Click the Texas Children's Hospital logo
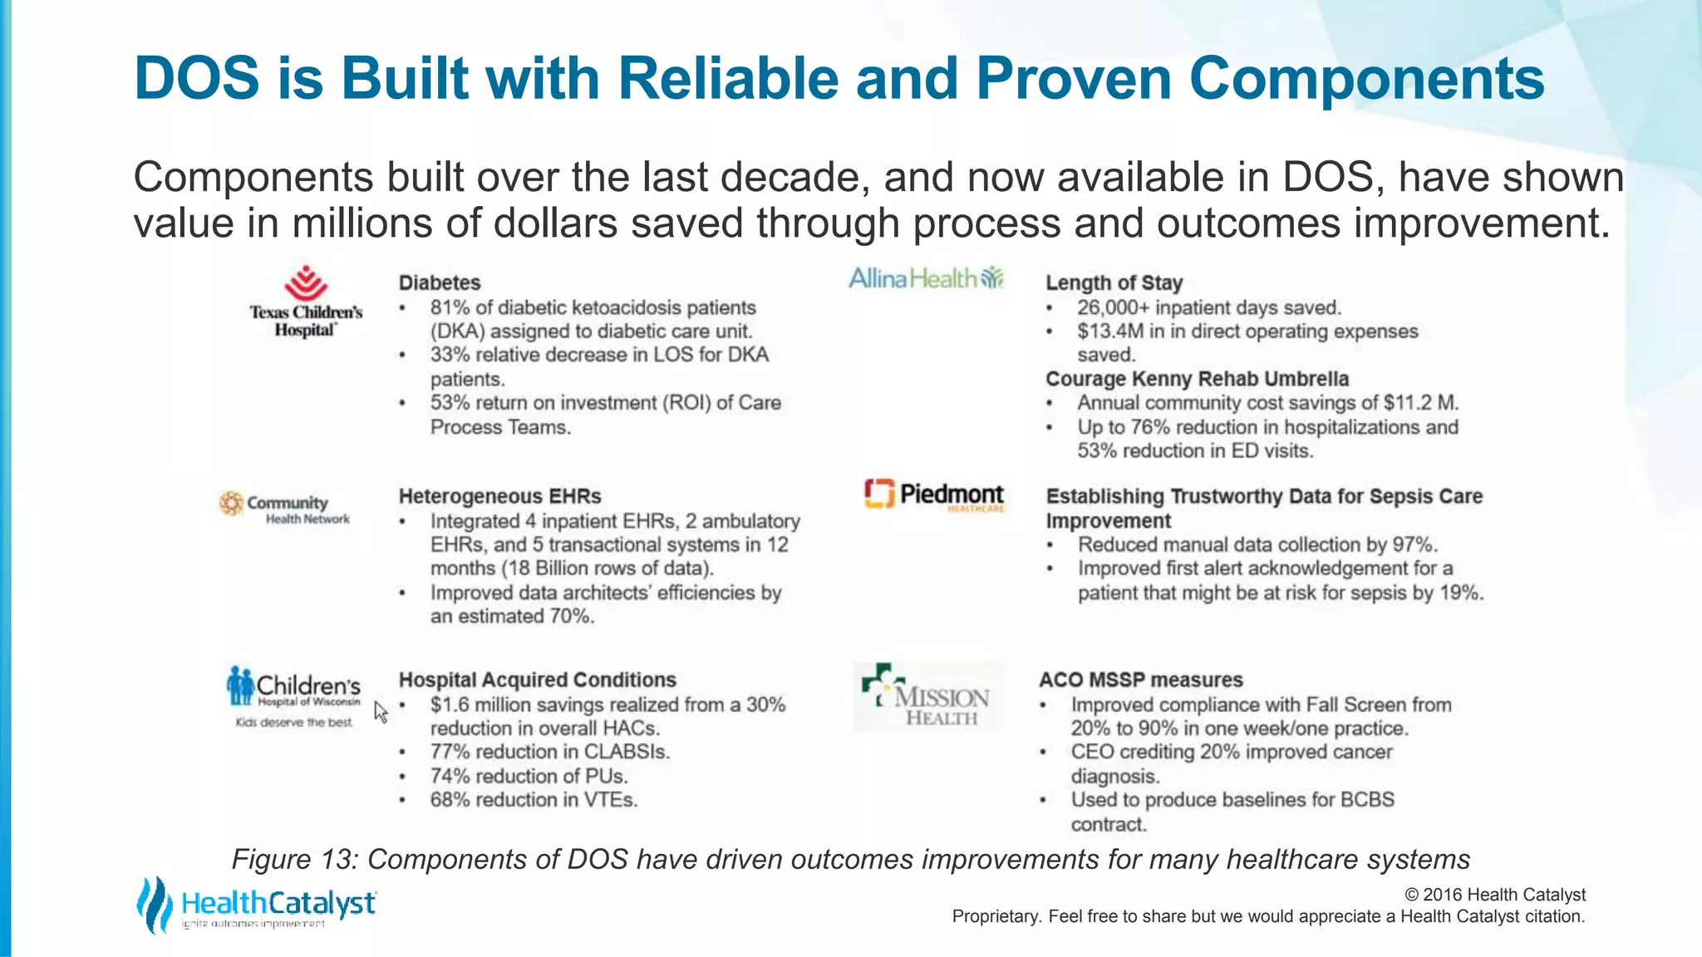tap(306, 302)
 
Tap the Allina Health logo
tap(926, 278)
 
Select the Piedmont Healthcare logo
tap(934, 495)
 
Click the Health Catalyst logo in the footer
tap(256, 905)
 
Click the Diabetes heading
tap(440, 283)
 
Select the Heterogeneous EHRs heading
tap(499, 497)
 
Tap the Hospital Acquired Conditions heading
tap(537, 680)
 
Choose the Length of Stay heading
tap(1114, 283)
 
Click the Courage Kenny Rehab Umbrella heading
tap(1197, 380)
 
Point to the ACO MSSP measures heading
tap(1140, 680)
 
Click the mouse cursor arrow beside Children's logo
tap(380, 711)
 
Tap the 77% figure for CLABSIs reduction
tap(450, 753)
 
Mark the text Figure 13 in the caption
tap(294, 859)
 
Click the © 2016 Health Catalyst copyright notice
tap(1494, 895)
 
